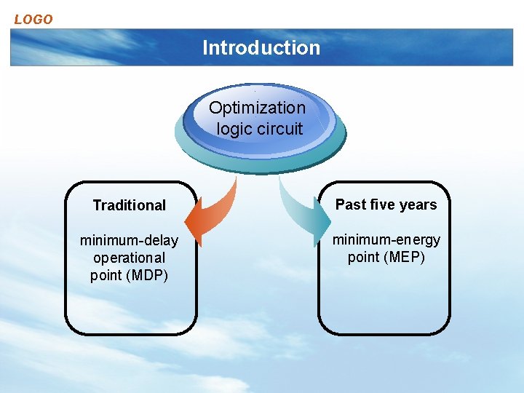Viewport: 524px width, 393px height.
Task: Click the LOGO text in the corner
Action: [x=33, y=20]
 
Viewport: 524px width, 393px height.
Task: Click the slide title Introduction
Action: [x=261, y=48]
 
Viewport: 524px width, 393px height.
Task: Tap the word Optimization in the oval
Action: [x=257, y=108]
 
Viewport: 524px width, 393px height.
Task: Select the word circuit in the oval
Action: [x=279, y=129]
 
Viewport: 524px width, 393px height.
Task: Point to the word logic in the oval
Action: [x=233, y=130]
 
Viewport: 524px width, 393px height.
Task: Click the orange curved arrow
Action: [x=215, y=211]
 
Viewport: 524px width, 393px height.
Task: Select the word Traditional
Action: [x=130, y=206]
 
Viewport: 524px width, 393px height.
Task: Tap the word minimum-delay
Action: [x=129, y=240]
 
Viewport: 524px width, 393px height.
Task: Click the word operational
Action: [x=129, y=258]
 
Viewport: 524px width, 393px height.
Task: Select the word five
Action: [x=382, y=205]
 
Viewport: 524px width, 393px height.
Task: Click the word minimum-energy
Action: [x=386, y=239]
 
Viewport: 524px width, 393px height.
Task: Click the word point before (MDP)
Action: [x=106, y=275]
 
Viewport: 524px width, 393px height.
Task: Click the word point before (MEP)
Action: [x=363, y=258]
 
